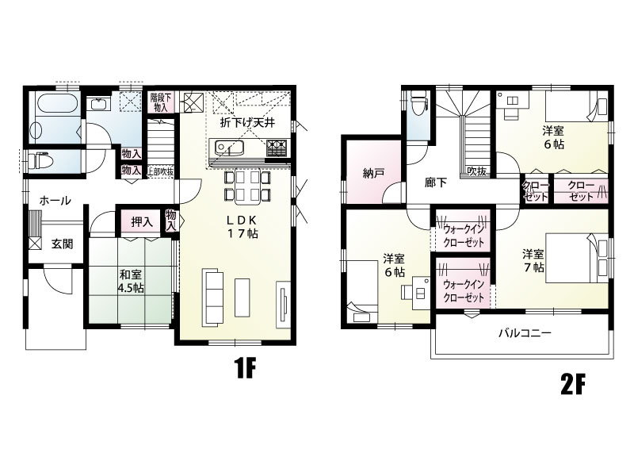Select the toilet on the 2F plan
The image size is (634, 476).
click(418, 101)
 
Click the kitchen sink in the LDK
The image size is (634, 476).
click(228, 148)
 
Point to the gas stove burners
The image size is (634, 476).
click(277, 148)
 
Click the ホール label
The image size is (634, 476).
click(55, 201)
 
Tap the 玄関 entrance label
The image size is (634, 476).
click(63, 244)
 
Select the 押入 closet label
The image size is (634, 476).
click(142, 222)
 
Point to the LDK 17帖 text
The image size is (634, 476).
click(242, 227)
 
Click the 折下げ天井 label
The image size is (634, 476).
click(247, 123)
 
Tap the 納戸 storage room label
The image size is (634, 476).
click(373, 174)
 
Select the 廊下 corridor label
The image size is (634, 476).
click(435, 182)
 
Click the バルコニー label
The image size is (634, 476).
click(525, 333)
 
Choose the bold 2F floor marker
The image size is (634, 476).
click(573, 385)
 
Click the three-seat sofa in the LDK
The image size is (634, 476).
click(213, 297)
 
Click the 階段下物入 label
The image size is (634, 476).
click(160, 102)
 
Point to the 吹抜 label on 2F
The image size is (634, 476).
click(477, 171)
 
